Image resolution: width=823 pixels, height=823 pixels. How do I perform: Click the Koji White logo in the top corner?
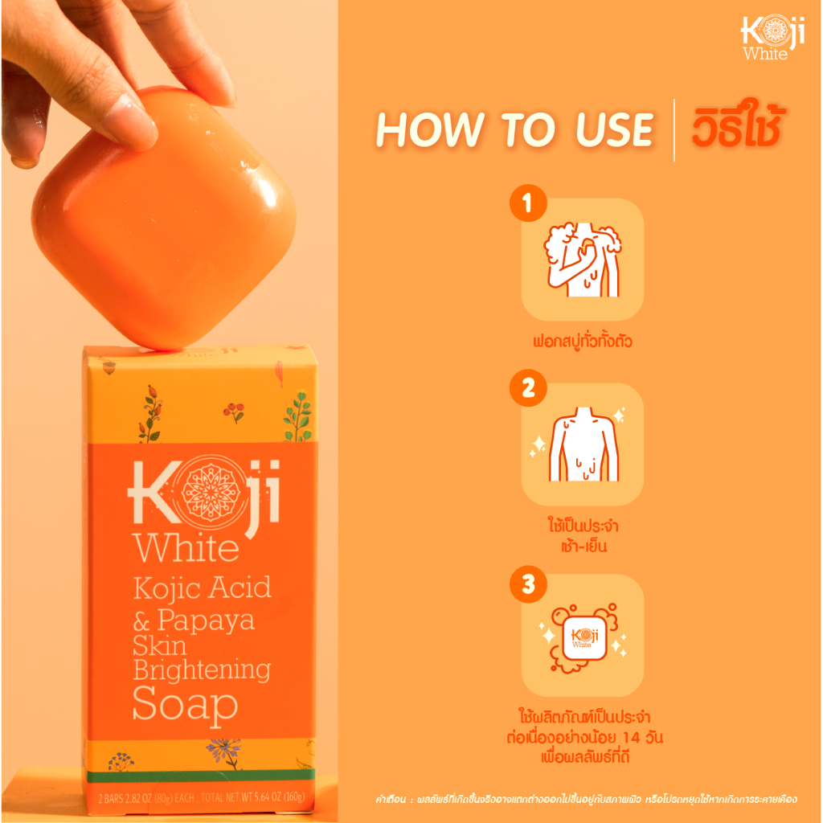[x=772, y=38]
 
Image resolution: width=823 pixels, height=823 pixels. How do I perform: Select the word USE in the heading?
[x=615, y=129]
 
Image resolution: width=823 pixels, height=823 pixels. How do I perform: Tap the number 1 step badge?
[x=528, y=203]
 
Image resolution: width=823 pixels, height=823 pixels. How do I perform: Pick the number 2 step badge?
[x=528, y=388]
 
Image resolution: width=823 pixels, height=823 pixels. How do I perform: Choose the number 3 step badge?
[x=528, y=583]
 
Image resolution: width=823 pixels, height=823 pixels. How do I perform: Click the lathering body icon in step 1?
[x=583, y=260]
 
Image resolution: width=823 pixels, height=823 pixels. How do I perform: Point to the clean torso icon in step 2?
[x=583, y=444]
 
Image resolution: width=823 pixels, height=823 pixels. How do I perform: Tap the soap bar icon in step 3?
[x=583, y=637]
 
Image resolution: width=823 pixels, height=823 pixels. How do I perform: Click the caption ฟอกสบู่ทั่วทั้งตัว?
[x=583, y=342]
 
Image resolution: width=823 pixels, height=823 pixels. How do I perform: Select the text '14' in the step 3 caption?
[x=632, y=738]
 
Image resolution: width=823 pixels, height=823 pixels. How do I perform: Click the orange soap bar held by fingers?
[x=163, y=217]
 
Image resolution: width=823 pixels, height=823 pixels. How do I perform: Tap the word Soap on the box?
[x=185, y=704]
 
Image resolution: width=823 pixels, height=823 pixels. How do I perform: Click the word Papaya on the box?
[x=206, y=621]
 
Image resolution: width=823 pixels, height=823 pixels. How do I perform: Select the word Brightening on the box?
[x=202, y=671]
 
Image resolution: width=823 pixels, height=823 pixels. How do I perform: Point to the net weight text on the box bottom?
[x=202, y=798]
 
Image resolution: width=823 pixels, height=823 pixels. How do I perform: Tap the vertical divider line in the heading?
[x=674, y=129]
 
